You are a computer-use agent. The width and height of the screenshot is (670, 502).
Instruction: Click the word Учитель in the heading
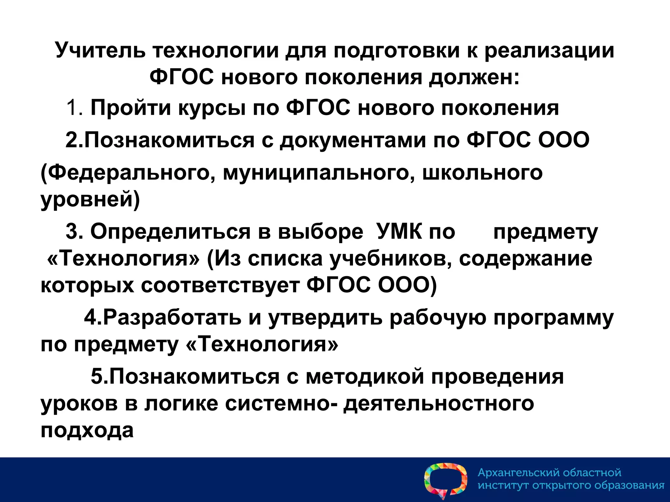[100, 51]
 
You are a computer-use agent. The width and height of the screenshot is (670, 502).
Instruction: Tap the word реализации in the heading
[549, 51]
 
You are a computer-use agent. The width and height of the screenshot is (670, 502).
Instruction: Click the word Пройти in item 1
[131, 108]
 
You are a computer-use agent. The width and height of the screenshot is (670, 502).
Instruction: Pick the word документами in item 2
[353, 140]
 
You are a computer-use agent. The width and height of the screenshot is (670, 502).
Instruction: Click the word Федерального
[128, 173]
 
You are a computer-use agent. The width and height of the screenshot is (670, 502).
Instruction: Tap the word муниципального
[316, 173]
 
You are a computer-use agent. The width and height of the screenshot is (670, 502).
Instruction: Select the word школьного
[483, 173]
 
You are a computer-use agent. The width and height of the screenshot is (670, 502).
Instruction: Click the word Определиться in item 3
[170, 232]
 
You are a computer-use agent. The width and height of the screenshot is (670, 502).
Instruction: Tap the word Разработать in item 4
[172, 317]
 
